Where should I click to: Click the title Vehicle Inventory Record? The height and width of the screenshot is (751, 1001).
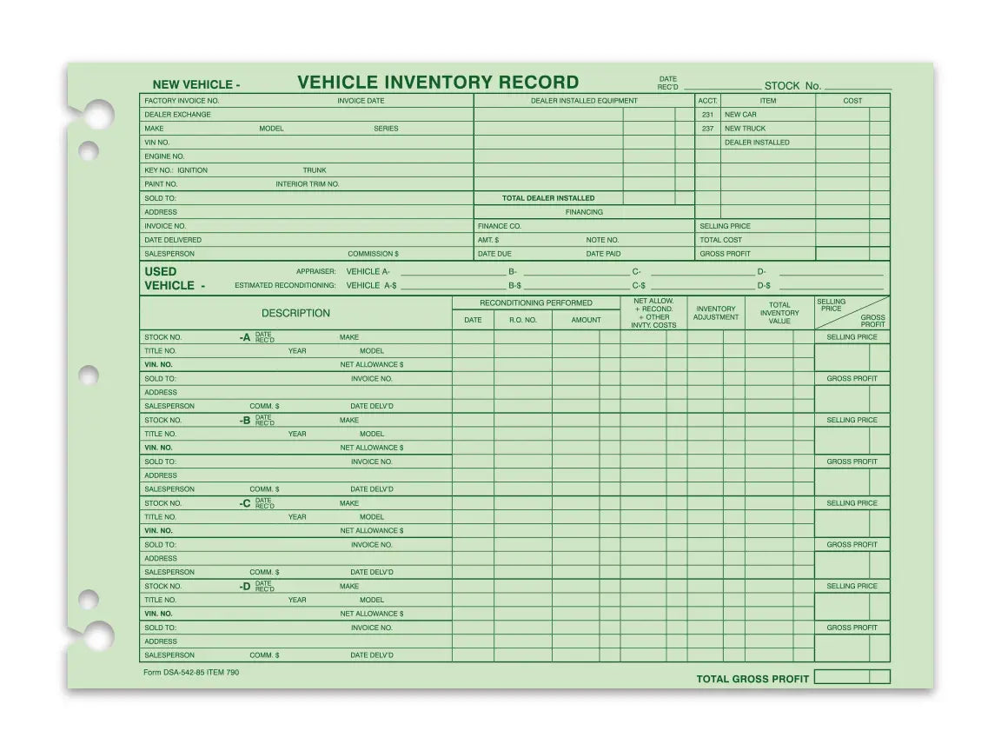(438, 83)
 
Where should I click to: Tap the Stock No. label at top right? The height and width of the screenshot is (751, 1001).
(792, 86)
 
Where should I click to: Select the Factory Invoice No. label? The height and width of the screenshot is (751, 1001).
(182, 101)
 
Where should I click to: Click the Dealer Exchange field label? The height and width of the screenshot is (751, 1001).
(177, 115)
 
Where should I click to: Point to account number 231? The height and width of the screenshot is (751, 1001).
(707, 115)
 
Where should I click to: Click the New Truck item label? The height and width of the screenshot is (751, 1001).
(745, 129)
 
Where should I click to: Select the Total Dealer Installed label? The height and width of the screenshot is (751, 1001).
(548, 198)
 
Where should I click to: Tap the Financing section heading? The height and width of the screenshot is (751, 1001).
(584, 212)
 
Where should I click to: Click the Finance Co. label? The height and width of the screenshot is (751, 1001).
(499, 226)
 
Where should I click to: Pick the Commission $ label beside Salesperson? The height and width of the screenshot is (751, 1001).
(373, 254)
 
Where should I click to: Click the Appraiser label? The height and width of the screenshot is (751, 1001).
(315, 271)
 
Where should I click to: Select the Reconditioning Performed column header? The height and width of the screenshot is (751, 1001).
(536, 302)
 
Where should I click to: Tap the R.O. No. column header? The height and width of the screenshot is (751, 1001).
(523, 320)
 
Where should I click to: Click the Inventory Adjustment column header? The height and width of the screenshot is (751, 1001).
(716, 313)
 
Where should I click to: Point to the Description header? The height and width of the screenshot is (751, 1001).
(295, 313)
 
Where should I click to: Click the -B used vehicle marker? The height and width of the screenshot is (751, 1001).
(245, 421)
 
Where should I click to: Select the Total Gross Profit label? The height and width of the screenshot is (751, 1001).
(752, 679)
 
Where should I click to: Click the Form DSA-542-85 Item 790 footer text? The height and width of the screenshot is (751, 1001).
(190, 673)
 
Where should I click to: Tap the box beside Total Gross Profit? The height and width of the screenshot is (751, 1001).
(842, 677)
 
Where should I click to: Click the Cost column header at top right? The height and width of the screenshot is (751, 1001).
(852, 101)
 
